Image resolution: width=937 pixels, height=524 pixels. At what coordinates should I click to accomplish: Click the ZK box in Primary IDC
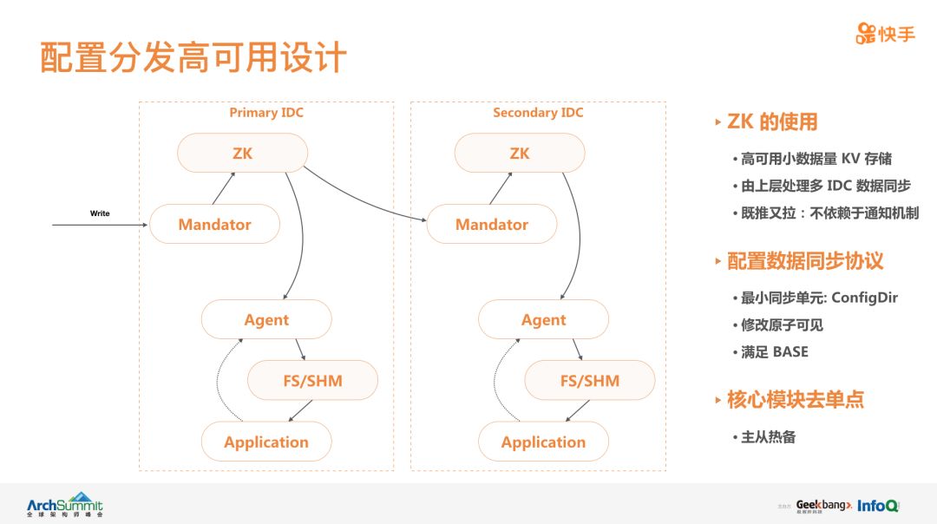pyautogui.click(x=242, y=154)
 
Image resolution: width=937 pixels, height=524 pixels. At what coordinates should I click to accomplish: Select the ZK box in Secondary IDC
pyautogui.click(x=520, y=154)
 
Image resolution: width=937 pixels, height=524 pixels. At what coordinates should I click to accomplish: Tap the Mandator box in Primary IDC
pyautogui.click(x=214, y=225)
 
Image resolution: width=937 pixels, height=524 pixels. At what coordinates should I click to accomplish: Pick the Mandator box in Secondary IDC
pyautogui.click(x=492, y=225)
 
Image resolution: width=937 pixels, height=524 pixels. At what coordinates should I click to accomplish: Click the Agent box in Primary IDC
pyautogui.click(x=266, y=320)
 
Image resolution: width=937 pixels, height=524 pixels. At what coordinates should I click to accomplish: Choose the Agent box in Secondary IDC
pyautogui.click(x=544, y=320)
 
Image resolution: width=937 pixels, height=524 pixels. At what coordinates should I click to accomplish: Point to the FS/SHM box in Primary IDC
pyautogui.click(x=313, y=381)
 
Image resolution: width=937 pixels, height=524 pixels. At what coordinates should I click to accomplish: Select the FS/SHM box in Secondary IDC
pyautogui.click(x=590, y=381)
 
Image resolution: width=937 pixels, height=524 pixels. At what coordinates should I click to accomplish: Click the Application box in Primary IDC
pyautogui.click(x=266, y=442)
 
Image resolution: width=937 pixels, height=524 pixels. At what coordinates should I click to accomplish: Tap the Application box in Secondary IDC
pyautogui.click(x=544, y=442)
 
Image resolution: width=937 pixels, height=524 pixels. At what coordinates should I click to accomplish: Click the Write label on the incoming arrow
pyautogui.click(x=100, y=213)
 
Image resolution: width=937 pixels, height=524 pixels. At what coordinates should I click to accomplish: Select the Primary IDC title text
pyautogui.click(x=266, y=113)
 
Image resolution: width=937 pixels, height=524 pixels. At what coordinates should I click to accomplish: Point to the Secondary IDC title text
pyautogui.click(x=538, y=113)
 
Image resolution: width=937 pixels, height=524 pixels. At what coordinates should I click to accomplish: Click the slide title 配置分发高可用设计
pyautogui.click(x=193, y=57)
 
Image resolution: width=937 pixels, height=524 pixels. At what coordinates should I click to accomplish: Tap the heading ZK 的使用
pyautogui.click(x=772, y=122)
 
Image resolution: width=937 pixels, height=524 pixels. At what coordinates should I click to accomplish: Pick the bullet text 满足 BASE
pyautogui.click(x=774, y=352)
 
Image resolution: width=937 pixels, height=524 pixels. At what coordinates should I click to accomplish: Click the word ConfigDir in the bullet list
pyautogui.click(x=865, y=298)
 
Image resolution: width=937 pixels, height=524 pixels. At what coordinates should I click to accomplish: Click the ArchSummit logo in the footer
pyautogui.click(x=64, y=504)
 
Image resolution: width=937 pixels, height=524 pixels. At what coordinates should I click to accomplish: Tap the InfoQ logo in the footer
pyautogui.click(x=878, y=505)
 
